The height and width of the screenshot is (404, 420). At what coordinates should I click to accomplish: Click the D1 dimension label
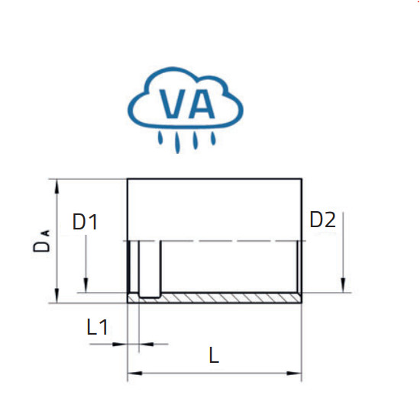(85, 222)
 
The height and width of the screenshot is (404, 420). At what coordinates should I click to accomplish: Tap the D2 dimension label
(322, 220)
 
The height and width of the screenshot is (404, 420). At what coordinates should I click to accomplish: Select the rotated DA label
(41, 241)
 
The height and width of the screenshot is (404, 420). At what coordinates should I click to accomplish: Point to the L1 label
(97, 327)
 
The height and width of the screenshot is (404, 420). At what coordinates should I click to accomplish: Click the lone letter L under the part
(214, 355)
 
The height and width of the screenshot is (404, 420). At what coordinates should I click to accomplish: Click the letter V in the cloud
(173, 104)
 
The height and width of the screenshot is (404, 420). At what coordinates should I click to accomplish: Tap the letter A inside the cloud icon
(201, 104)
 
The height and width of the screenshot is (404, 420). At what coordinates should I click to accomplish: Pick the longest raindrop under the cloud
(177, 143)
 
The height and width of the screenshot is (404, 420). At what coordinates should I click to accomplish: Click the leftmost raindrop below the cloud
(160, 137)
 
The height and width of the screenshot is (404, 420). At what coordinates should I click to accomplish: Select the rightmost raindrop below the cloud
(213, 138)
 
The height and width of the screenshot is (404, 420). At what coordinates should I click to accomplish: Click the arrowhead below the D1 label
(86, 285)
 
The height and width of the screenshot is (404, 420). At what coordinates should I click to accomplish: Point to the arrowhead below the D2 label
(343, 285)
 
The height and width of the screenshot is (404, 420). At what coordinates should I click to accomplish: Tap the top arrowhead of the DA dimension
(57, 186)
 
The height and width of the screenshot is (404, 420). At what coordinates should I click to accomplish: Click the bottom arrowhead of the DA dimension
(57, 296)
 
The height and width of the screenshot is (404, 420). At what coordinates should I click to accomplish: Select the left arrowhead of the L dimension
(135, 373)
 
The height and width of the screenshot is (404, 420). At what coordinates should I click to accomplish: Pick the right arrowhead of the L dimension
(294, 374)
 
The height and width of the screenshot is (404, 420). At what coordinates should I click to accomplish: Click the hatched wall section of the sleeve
(231, 298)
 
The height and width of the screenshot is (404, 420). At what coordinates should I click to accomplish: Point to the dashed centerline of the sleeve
(215, 241)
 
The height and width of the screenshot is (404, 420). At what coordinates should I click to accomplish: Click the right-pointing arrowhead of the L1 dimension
(119, 344)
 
